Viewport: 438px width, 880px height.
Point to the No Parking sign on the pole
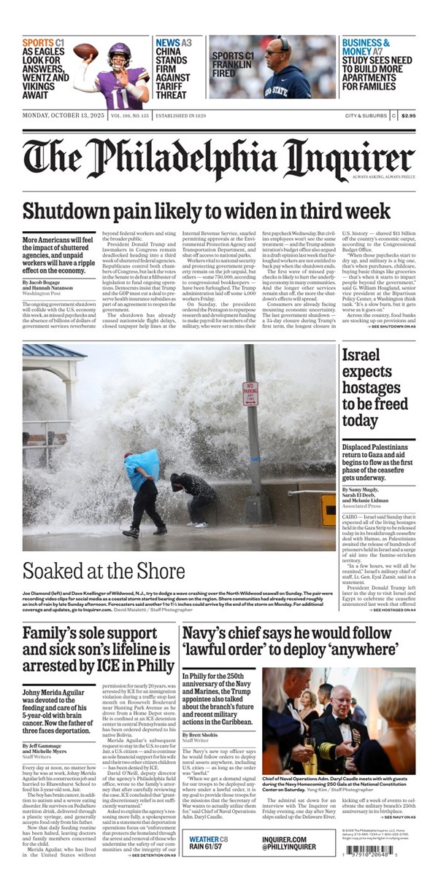[250, 394]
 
